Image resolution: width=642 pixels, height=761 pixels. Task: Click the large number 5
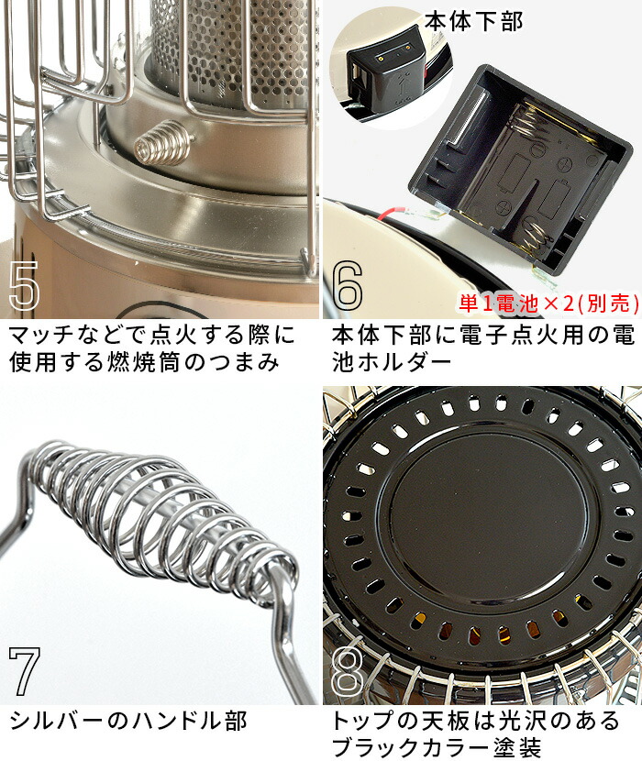tap(25, 287)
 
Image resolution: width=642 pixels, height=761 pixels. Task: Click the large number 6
tap(348, 287)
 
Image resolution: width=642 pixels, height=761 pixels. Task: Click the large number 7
tap(25, 671)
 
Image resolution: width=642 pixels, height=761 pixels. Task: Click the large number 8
tap(348, 671)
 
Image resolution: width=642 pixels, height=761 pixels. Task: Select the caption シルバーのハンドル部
tap(128, 722)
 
